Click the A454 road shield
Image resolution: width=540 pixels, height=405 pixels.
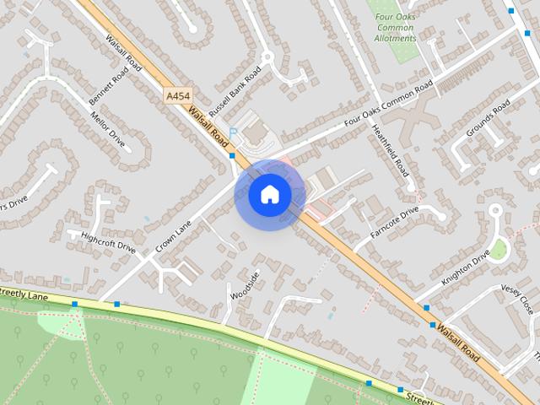click(x=178, y=97)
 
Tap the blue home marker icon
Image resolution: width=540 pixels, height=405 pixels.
click(x=269, y=195)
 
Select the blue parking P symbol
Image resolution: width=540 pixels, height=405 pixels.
click(x=233, y=133)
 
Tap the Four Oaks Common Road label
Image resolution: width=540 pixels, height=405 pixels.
click(x=388, y=104)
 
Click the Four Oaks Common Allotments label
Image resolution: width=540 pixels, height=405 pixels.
click(x=395, y=27)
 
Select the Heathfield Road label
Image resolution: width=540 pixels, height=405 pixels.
click(x=391, y=150)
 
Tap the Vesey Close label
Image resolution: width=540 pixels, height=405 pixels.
click(x=517, y=298)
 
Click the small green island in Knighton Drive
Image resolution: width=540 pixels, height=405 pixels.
click(x=499, y=250)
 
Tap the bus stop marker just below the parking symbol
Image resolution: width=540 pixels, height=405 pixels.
click(x=231, y=156)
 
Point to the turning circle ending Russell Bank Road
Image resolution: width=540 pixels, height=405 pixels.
click(x=268, y=58)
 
